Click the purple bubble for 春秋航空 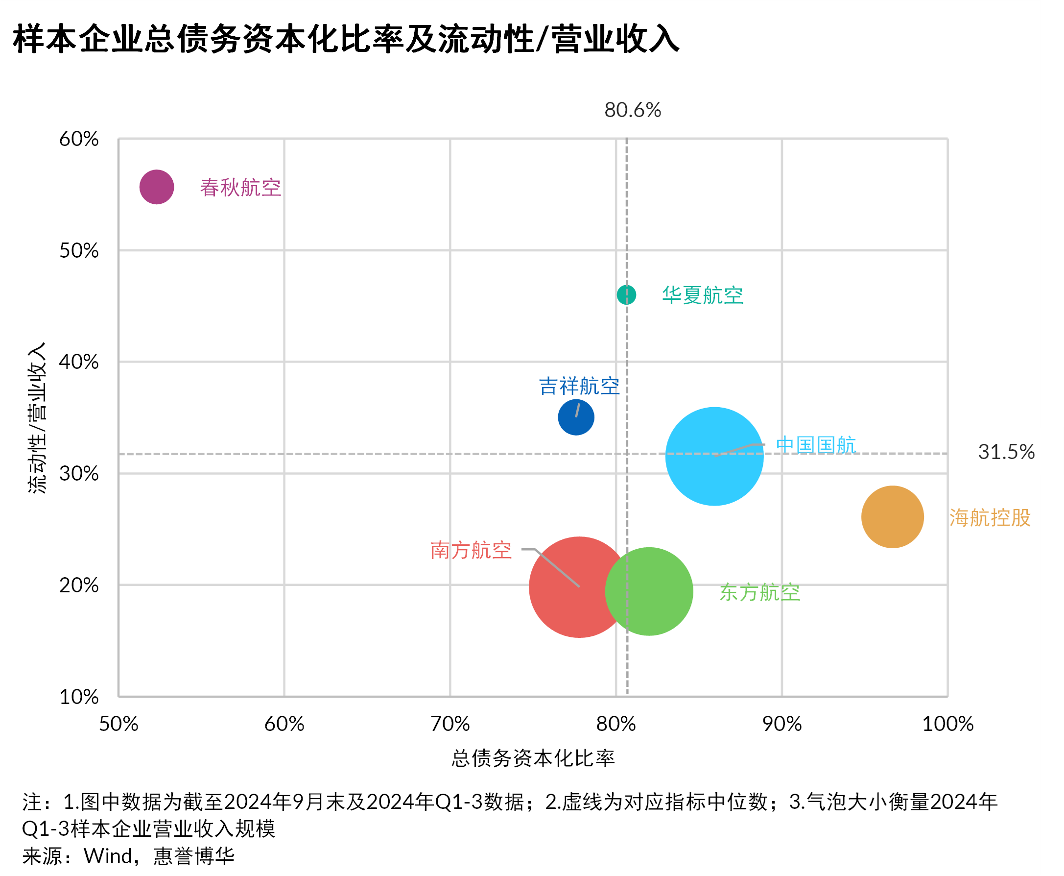[x=157, y=187]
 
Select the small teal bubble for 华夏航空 [x=626, y=294]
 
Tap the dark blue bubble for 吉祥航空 [x=576, y=418]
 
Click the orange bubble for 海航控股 [x=892, y=517]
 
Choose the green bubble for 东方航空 [x=656, y=591]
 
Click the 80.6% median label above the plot [x=632, y=110]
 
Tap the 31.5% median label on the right [x=1006, y=452]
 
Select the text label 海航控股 [x=990, y=518]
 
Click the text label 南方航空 [x=471, y=550]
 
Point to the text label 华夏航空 [x=703, y=295]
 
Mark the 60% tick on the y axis [x=79, y=139]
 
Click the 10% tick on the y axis [x=79, y=697]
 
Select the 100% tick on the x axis [x=947, y=724]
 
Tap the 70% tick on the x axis [x=450, y=724]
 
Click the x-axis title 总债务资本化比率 [x=533, y=758]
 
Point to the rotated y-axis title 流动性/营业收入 [x=37, y=418]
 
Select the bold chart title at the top [x=346, y=39]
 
